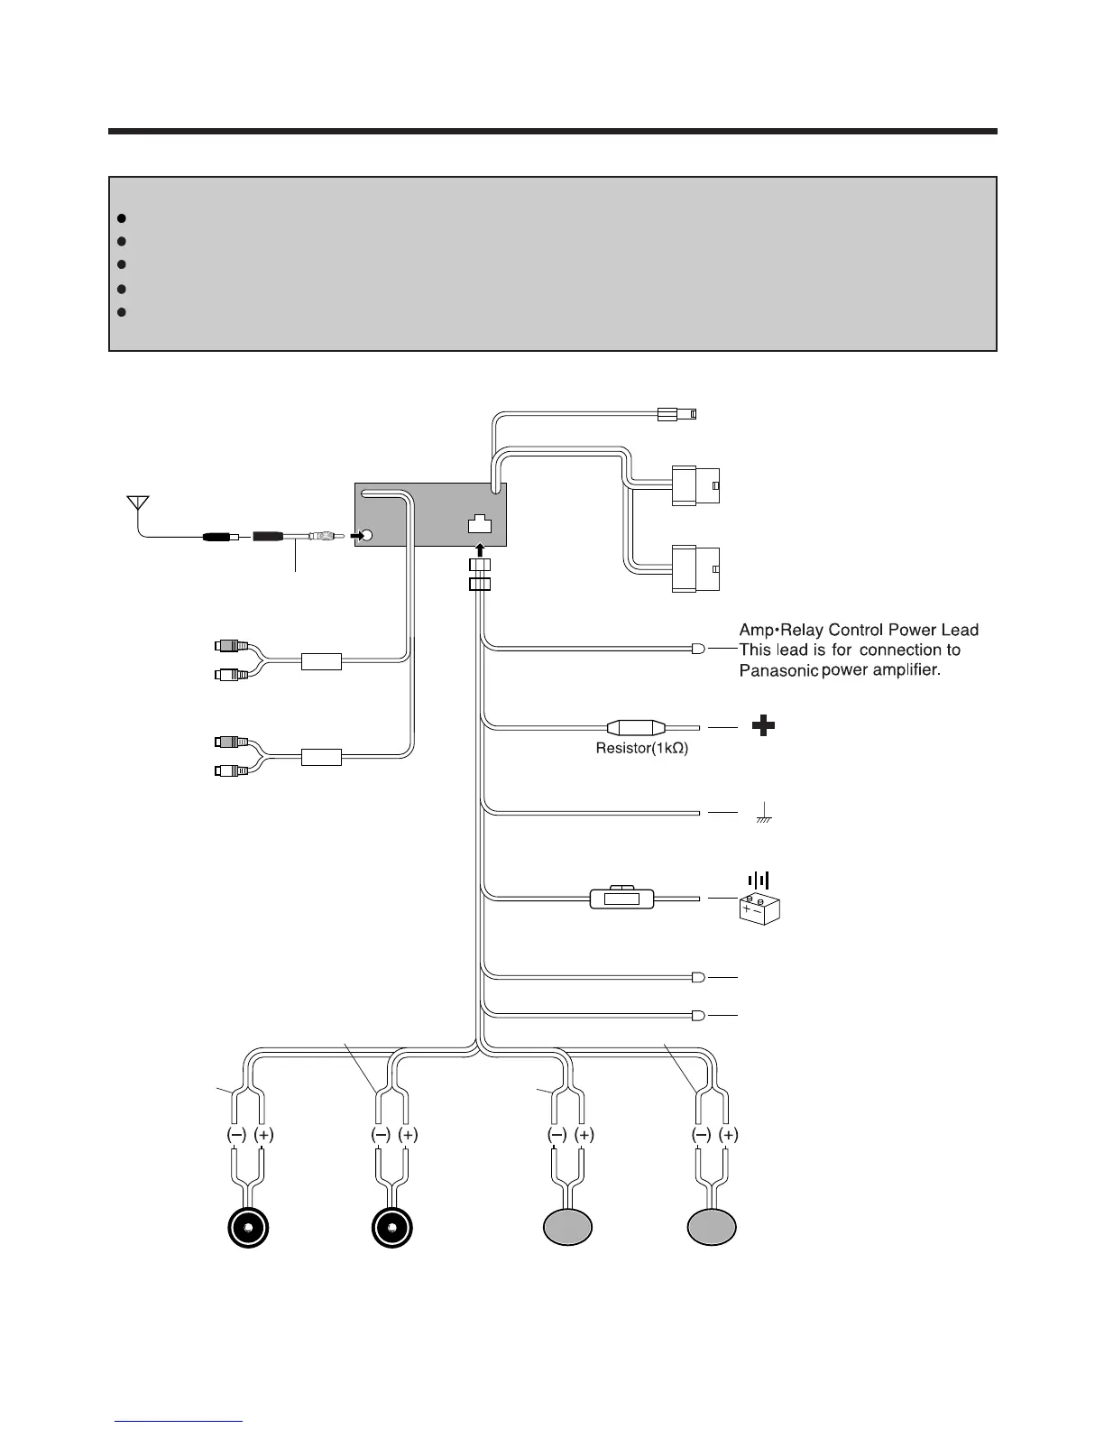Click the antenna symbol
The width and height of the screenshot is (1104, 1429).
coord(137,502)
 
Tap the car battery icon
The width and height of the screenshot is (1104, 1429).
coord(759,907)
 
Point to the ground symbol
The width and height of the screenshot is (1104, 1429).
coord(763,814)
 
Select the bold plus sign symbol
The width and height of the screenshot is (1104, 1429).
coord(764,725)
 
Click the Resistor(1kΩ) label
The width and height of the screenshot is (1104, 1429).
coord(642,749)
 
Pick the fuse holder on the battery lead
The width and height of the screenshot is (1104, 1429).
coord(621,899)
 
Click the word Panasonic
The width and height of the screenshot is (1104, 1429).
coord(777,670)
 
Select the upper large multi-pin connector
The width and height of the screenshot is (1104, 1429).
coord(695,485)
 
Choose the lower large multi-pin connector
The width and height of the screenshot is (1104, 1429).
coord(695,569)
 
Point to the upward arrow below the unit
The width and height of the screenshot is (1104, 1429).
coord(479,549)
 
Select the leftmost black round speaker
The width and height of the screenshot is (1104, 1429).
coord(248,1229)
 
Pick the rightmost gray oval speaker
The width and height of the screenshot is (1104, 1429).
coord(712,1229)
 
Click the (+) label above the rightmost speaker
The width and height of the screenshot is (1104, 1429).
coord(729,1135)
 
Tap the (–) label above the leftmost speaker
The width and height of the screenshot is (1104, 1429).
coord(235,1135)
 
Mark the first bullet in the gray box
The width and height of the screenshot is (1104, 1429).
coord(120,218)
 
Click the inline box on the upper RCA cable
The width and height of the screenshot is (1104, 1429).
coord(321,662)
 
